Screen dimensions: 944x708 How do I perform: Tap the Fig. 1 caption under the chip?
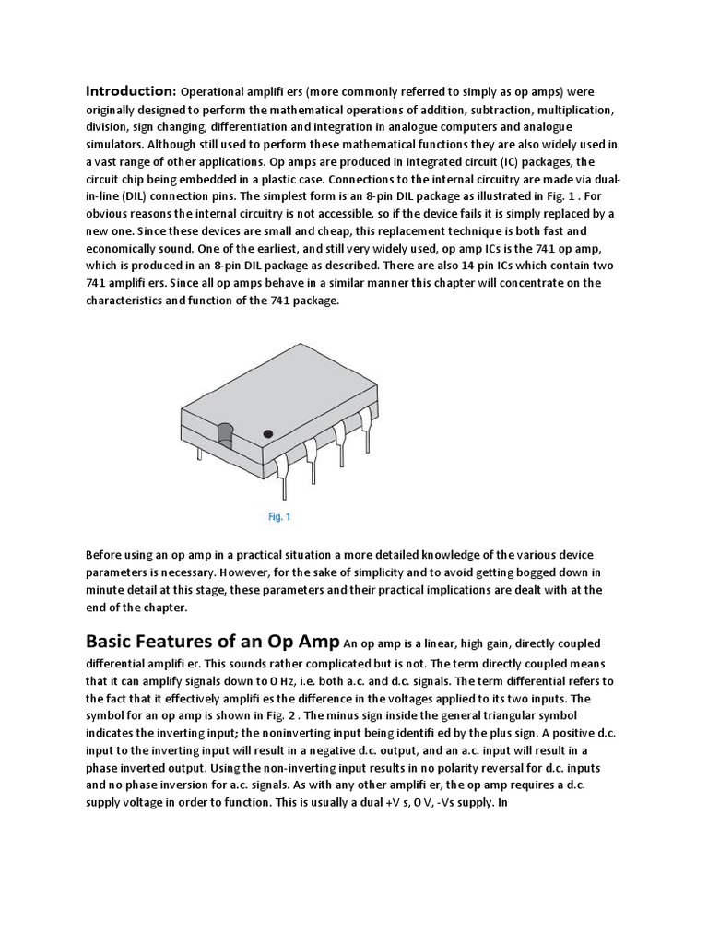click(x=279, y=517)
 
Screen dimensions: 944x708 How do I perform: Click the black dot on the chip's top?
click(x=268, y=432)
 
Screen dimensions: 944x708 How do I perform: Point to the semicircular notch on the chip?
click(x=225, y=433)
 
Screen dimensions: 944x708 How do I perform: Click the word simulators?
click(x=115, y=144)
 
